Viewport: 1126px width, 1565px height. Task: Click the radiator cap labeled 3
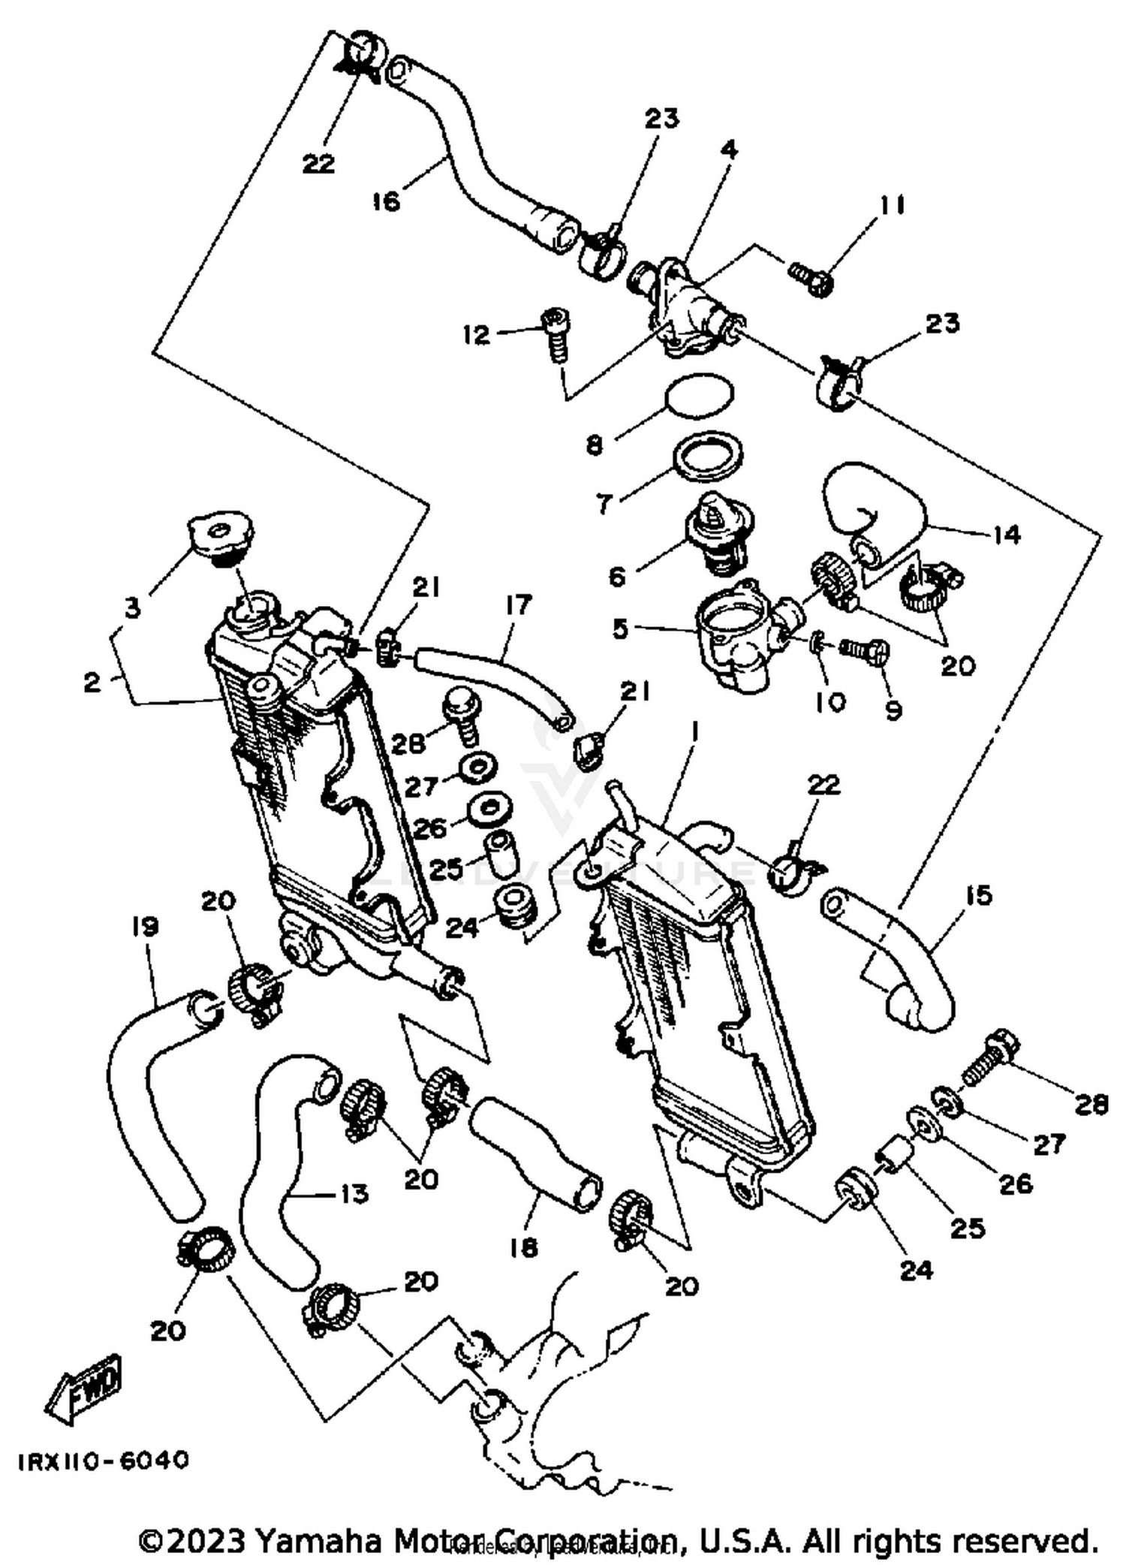[218, 535]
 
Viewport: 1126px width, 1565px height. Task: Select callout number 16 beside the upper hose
[387, 201]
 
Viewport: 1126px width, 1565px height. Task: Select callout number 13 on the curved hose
[354, 1193]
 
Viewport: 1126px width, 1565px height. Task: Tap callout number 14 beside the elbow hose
[1006, 535]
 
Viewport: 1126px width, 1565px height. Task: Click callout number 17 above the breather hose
[518, 605]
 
